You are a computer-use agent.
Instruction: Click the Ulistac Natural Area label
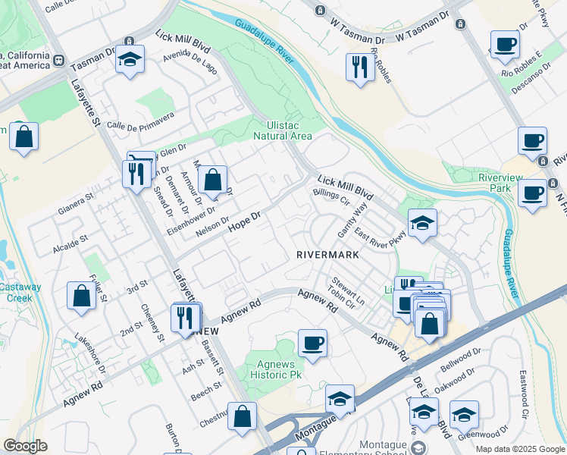click(290, 130)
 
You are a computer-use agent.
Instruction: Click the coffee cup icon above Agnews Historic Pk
click(312, 342)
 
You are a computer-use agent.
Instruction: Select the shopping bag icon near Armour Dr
click(213, 180)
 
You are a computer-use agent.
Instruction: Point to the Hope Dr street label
click(244, 221)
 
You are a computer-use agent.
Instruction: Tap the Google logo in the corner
click(25, 445)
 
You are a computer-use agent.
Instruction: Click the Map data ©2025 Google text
click(519, 449)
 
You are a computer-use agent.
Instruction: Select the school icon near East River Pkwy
click(422, 222)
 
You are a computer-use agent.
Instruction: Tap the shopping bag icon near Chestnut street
click(242, 416)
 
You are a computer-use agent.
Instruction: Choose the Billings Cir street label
click(330, 197)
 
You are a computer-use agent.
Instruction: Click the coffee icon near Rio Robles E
click(505, 44)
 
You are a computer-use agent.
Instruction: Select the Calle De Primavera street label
click(140, 121)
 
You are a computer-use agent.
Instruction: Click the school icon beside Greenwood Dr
click(463, 414)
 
